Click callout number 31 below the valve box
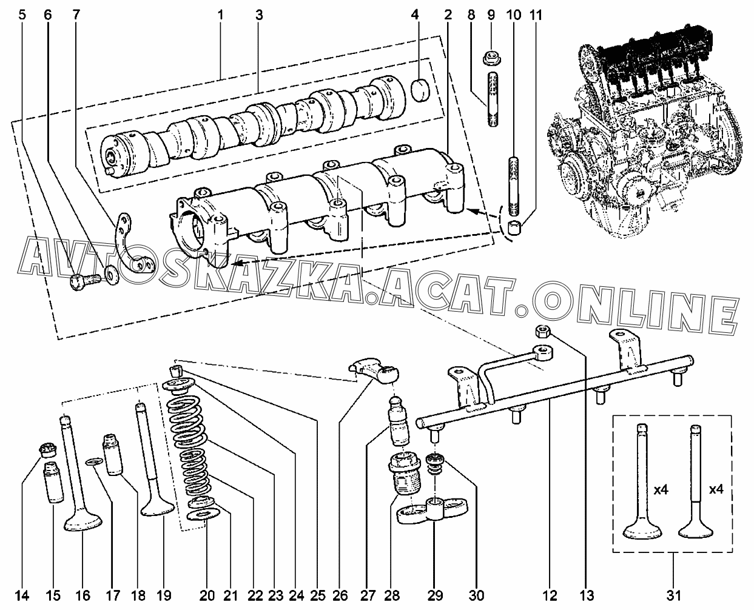click(x=674, y=595)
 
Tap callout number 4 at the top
click(x=415, y=15)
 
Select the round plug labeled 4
click(x=421, y=90)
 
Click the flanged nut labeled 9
click(x=491, y=58)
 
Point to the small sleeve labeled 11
click(x=515, y=227)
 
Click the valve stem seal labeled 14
click(x=48, y=450)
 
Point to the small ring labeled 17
click(x=94, y=461)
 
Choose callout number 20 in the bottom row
click(x=207, y=595)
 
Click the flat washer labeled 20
click(x=203, y=514)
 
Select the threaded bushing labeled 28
click(x=404, y=474)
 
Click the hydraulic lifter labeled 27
click(x=399, y=421)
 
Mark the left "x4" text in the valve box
click(x=661, y=490)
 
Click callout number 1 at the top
click(x=220, y=15)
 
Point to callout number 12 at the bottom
click(x=549, y=595)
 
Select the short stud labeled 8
click(x=493, y=99)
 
